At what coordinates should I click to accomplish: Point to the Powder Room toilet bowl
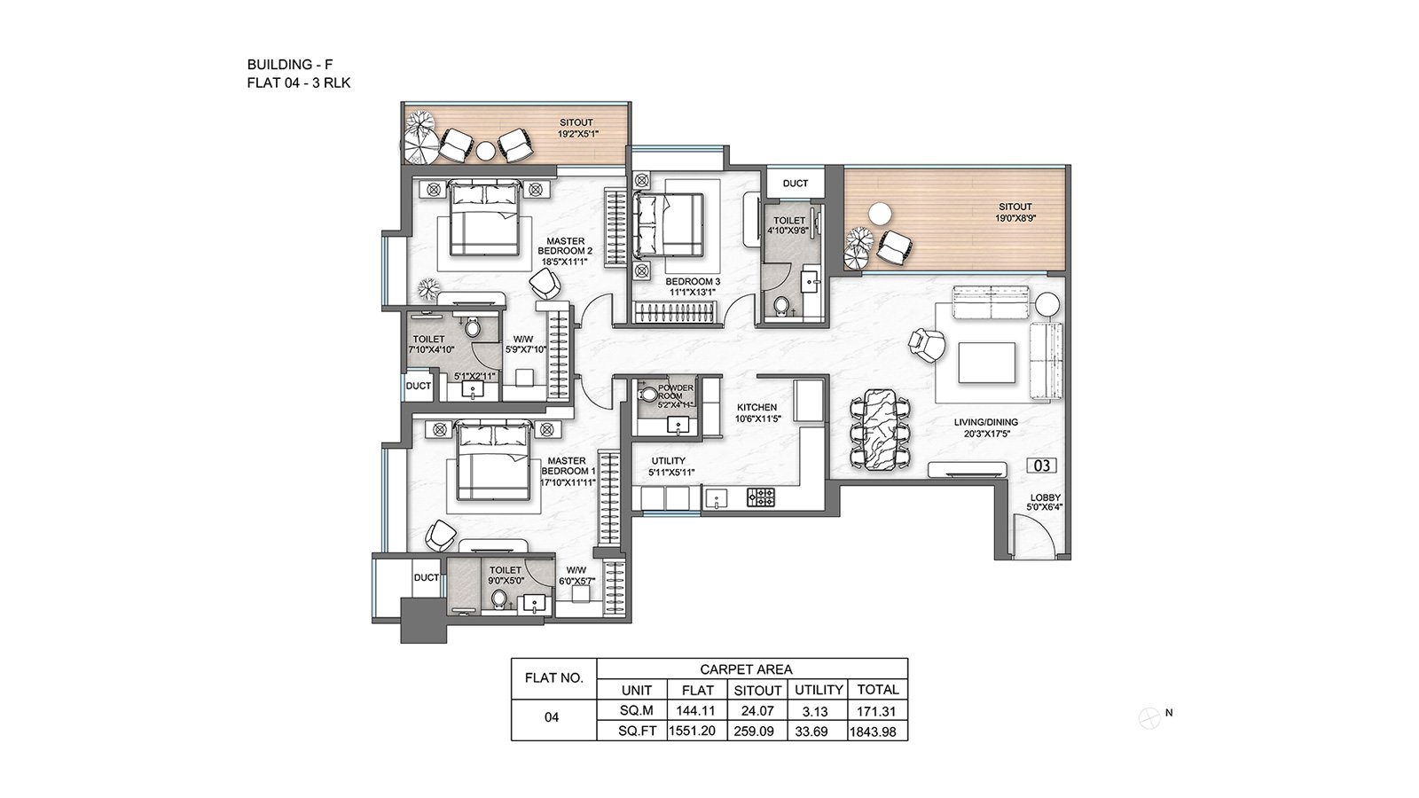tap(648, 395)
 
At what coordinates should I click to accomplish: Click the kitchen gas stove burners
tap(761, 497)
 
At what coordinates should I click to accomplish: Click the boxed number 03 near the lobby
tap(1041, 466)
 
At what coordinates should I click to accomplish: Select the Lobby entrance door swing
tap(1034, 537)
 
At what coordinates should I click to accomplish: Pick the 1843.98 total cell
tap(873, 731)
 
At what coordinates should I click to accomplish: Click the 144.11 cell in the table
tap(695, 711)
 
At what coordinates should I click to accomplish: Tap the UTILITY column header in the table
tap(819, 690)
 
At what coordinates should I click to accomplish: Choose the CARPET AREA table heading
tap(746, 669)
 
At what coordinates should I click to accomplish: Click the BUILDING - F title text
tap(289, 64)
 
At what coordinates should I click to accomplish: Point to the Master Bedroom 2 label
tap(565, 251)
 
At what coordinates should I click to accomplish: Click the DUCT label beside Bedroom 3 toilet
tap(795, 184)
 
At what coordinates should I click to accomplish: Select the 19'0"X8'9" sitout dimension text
tap(1015, 218)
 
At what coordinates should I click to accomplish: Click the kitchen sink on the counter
tap(717, 498)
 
